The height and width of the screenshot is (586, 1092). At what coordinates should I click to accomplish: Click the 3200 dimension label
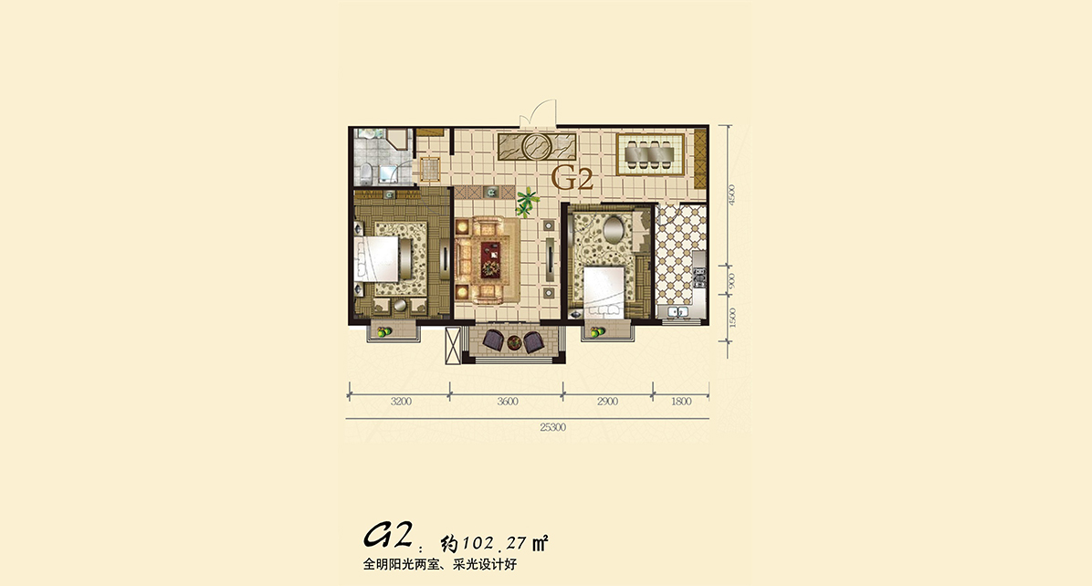401,402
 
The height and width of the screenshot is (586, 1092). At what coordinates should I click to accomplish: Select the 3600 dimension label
508,402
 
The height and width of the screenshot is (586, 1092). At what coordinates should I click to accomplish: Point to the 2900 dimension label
607,402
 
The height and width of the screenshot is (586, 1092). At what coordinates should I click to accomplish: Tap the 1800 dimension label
681,402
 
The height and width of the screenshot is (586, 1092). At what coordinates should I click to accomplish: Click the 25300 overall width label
553,427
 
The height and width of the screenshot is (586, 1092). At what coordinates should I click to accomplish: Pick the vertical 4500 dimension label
731,194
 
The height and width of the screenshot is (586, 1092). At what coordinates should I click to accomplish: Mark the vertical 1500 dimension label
731,318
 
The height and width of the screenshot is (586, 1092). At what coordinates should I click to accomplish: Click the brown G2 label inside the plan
572,180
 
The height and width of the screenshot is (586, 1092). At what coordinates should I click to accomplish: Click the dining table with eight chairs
650,154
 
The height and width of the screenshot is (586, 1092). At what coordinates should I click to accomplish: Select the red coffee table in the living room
490,258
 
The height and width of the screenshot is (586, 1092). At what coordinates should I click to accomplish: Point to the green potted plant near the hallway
527,201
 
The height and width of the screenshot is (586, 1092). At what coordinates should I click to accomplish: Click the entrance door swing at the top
542,113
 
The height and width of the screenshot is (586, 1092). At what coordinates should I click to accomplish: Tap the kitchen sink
677,311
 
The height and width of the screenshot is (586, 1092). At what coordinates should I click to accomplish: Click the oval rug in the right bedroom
614,230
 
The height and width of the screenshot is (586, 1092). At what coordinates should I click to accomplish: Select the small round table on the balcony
514,342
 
